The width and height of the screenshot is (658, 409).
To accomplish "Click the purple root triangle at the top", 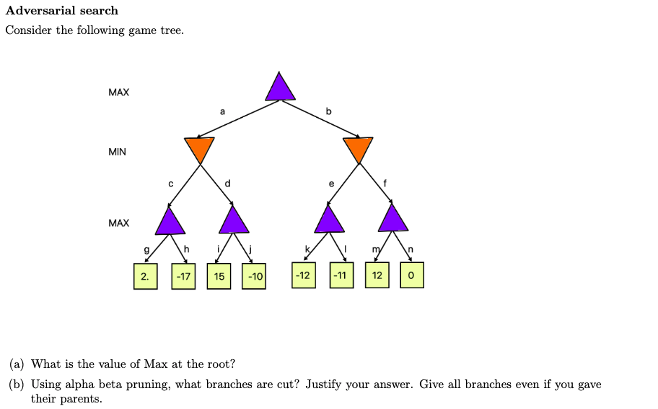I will [x=280, y=89].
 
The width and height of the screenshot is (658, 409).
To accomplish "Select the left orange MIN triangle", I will [x=199, y=148].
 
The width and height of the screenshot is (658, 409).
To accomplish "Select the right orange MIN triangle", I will [x=358, y=148].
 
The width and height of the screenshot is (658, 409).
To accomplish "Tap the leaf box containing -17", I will [x=183, y=277].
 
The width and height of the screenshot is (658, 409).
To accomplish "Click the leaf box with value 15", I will [x=219, y=277].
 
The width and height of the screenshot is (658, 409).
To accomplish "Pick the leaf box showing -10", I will [x=254, y=277].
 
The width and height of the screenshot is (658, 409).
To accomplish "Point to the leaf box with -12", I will [x=304, y=276].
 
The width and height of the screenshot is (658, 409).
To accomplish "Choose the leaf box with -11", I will [x=341, y=276].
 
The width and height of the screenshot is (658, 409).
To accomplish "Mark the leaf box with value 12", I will [x=377, y=276].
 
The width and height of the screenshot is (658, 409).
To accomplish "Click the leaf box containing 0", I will [x=411, y=276].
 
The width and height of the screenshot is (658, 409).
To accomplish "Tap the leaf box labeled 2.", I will [x=145, y=277].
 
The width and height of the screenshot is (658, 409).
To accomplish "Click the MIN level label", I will [x=117, y=152].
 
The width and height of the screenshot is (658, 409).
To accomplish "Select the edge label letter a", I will [x=222, y=111].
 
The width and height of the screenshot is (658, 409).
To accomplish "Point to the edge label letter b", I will [x=329, y=111].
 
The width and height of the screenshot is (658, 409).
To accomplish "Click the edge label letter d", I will [x=228, y=184].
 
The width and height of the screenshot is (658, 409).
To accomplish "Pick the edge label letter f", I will [x=385, y=184].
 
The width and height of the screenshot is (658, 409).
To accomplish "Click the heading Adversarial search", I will [x=62, y=11].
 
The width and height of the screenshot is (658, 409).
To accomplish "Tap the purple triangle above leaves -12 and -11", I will [x=330, y=220].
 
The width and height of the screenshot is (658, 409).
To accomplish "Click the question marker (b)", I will [x=17, y=384].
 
